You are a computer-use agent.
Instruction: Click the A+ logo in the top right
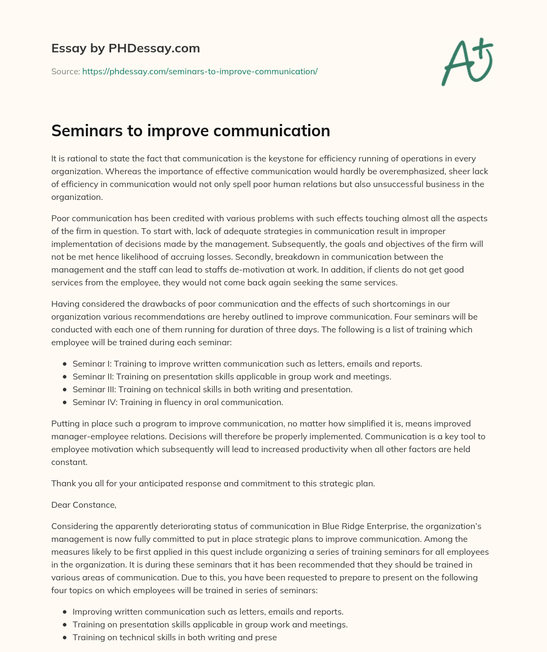pos(467,63)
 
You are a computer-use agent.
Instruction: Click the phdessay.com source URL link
pos(200,71)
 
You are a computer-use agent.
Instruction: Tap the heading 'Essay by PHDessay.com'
pos(126,49)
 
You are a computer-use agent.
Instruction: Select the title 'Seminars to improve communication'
pos(191,131)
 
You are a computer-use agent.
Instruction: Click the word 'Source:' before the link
pos(66,71)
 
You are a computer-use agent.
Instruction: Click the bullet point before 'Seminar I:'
pos(65,364)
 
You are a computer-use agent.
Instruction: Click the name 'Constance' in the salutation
pos(94,505)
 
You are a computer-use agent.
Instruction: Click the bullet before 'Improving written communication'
pos(65,612)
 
